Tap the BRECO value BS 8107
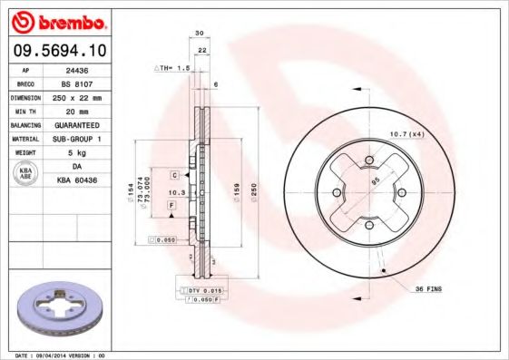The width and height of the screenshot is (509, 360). click(x=75, y=83)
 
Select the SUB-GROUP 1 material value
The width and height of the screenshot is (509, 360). click(x=75, y=138)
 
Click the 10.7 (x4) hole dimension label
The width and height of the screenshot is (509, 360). click(x=406, y=134)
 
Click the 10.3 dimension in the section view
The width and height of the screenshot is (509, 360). click(x=176, y=193)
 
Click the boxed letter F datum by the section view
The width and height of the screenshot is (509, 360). click(x=171, y=207)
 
